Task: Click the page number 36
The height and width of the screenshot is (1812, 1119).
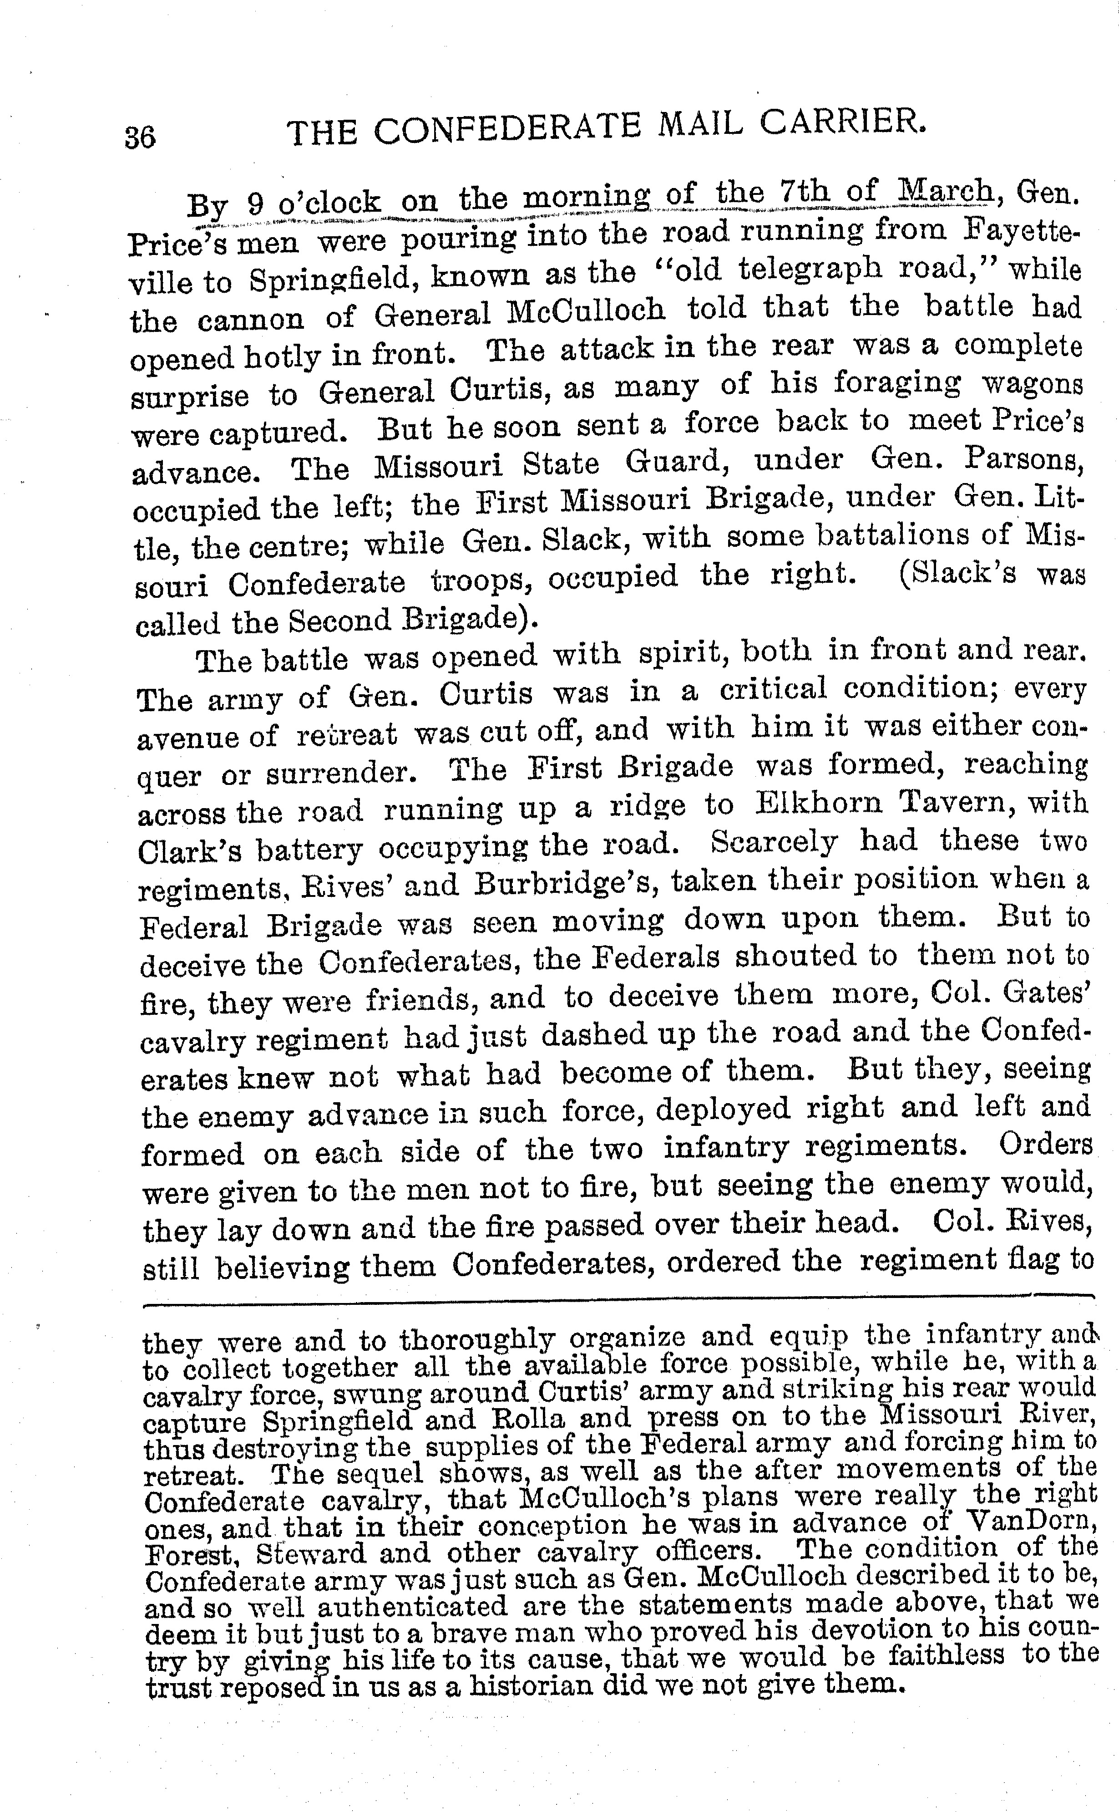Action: click(x=141, y=137)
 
